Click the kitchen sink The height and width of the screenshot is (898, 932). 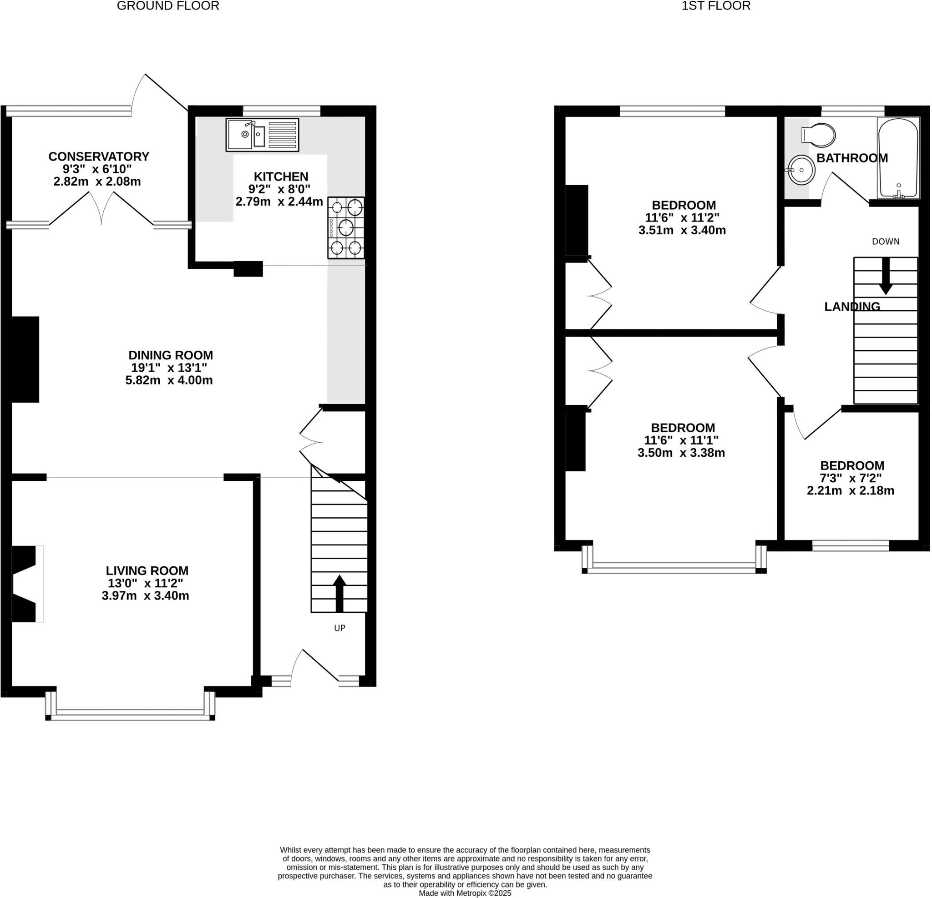pos(262,135)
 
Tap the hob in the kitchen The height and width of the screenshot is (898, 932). pos(346,228)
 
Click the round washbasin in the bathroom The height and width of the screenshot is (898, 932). pos(801,169)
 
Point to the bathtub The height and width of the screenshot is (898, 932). pos(898,158)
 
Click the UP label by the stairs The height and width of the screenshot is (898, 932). pos(339,628)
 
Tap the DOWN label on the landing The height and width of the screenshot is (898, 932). pos(886,242)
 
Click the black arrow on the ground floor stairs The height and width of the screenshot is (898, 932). pos(339,593)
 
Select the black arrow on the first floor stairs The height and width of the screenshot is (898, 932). pos(886,276)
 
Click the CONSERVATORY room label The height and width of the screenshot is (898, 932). pos(99,156)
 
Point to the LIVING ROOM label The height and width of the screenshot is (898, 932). pos(147,570)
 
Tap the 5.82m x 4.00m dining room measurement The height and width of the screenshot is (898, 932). pos(169,380)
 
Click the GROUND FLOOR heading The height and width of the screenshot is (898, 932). pos(168,6)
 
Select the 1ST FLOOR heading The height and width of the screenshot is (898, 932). pos(716,6)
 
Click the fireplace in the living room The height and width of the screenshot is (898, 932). pos(26,584)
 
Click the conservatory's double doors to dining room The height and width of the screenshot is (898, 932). pos(101,208)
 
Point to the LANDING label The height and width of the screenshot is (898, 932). pos(851,307)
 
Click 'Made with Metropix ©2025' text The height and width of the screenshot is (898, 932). pos(465,893)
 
